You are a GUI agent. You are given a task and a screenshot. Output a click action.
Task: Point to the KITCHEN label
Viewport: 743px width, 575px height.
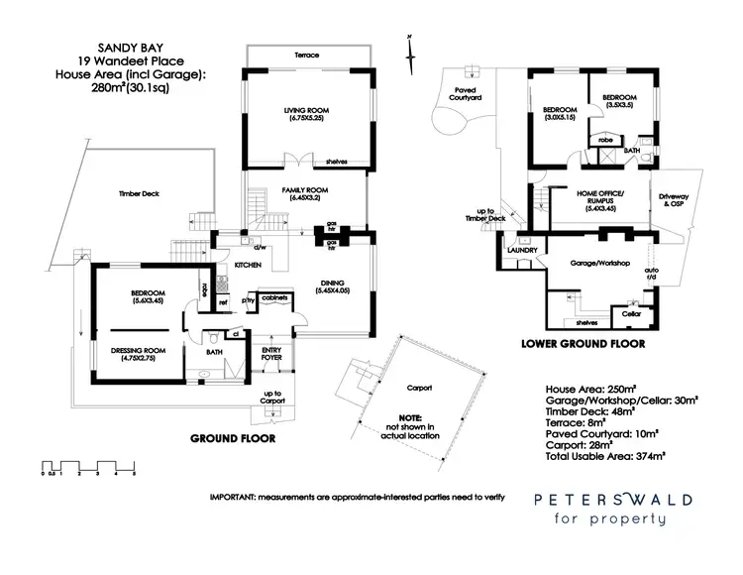click(x=247, y=266)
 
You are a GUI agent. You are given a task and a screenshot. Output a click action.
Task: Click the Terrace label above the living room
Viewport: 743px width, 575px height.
click(x=307, y=55)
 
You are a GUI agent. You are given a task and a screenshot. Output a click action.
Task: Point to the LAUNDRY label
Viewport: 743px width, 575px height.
click(x=522, y=250)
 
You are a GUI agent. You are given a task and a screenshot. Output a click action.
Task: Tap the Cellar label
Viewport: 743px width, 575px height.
click(x=631, y=314)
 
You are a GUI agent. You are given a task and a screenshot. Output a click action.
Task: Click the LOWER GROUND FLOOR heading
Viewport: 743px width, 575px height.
click(x=583, y=344)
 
